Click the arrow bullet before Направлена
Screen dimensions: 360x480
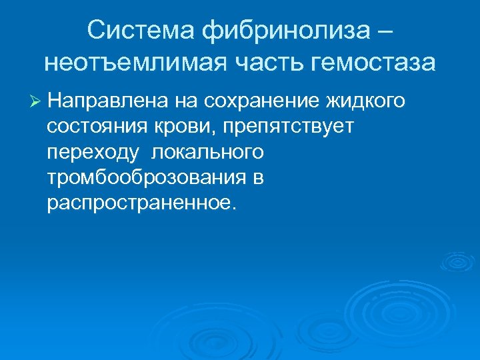(x=35, y=101)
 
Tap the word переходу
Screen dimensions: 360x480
(x=93, y=153)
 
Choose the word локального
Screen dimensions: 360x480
(x=207, y=152)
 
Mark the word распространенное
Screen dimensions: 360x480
(x=140, y=203)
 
